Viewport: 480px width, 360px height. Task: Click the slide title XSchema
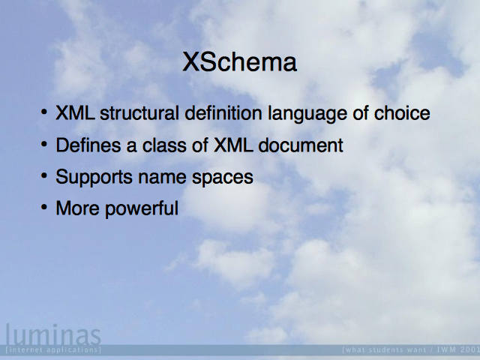240,62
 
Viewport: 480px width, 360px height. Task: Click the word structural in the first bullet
139,113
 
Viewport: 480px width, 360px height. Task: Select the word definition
223,113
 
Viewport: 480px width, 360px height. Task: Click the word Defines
88,145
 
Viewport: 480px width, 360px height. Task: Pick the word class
164,145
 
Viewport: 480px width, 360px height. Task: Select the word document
301,145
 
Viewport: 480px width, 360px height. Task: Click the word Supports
94,178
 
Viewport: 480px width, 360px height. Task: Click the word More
77,208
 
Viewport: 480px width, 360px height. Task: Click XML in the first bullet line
75,113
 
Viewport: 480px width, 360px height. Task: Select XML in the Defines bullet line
233,145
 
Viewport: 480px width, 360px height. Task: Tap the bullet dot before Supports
44,175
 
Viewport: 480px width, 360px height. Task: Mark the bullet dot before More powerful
44,207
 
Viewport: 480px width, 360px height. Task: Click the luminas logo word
53,334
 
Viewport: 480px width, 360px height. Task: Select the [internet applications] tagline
53,349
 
